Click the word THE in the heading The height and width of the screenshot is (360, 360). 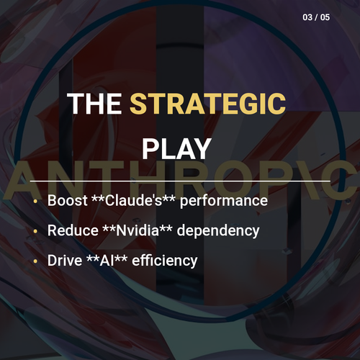click(x=94, y=104)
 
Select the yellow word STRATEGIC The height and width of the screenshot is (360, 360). click(x=208, y=104)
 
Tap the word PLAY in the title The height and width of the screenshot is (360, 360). click(x=176, y=149)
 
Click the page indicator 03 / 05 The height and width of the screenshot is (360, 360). click(x=316, y=17)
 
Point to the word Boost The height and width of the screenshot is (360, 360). click(x=68, y=200)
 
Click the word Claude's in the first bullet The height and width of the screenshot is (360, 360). click(x=134, y=200)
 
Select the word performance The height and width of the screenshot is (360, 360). click(x=224, y=201)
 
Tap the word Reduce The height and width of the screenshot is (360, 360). click(x=73, y=230)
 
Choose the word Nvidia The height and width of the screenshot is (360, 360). click(x=138, y=230)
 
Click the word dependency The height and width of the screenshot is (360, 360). click(x=218, y=231)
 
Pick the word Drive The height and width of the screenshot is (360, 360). click(x=65, y=261)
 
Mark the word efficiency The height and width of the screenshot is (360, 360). click(x=165, y=261)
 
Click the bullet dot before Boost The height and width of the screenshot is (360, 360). click(x=35, y=201)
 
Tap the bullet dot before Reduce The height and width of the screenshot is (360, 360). click(x=35, y=231)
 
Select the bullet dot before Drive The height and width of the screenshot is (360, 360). click(x=35, y=261)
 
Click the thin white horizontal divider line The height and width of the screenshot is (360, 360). click(x=180, y=181)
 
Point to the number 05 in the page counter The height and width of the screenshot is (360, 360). click(x=325, y=17)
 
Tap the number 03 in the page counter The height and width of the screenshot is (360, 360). click(x=307, y=17)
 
